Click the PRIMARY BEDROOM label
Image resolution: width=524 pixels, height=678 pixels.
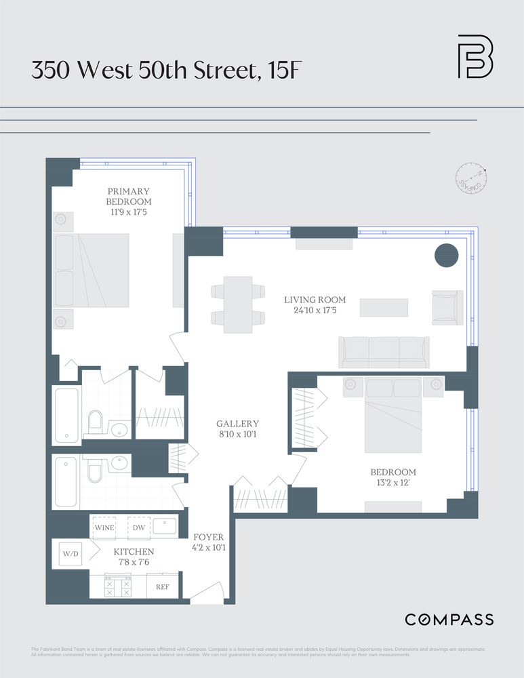129,197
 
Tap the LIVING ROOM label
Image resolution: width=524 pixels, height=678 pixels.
315,300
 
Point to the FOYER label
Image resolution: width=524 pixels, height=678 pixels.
208,537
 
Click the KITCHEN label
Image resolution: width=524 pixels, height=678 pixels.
134,552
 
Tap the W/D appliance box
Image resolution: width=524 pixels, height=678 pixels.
70,553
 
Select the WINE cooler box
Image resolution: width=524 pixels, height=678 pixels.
104,527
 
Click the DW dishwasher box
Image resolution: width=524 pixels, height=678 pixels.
138,527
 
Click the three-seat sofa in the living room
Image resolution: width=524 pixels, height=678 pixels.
383,351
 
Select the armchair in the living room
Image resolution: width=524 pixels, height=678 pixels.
447,306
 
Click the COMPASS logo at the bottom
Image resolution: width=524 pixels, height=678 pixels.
449,619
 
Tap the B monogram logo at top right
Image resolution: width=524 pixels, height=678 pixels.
475,56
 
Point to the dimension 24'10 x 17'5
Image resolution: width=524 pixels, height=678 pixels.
315,311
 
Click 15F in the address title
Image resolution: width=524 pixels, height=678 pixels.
279,71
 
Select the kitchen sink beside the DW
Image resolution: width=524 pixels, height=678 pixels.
164,526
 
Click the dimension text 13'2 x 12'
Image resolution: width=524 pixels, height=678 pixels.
393,483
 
